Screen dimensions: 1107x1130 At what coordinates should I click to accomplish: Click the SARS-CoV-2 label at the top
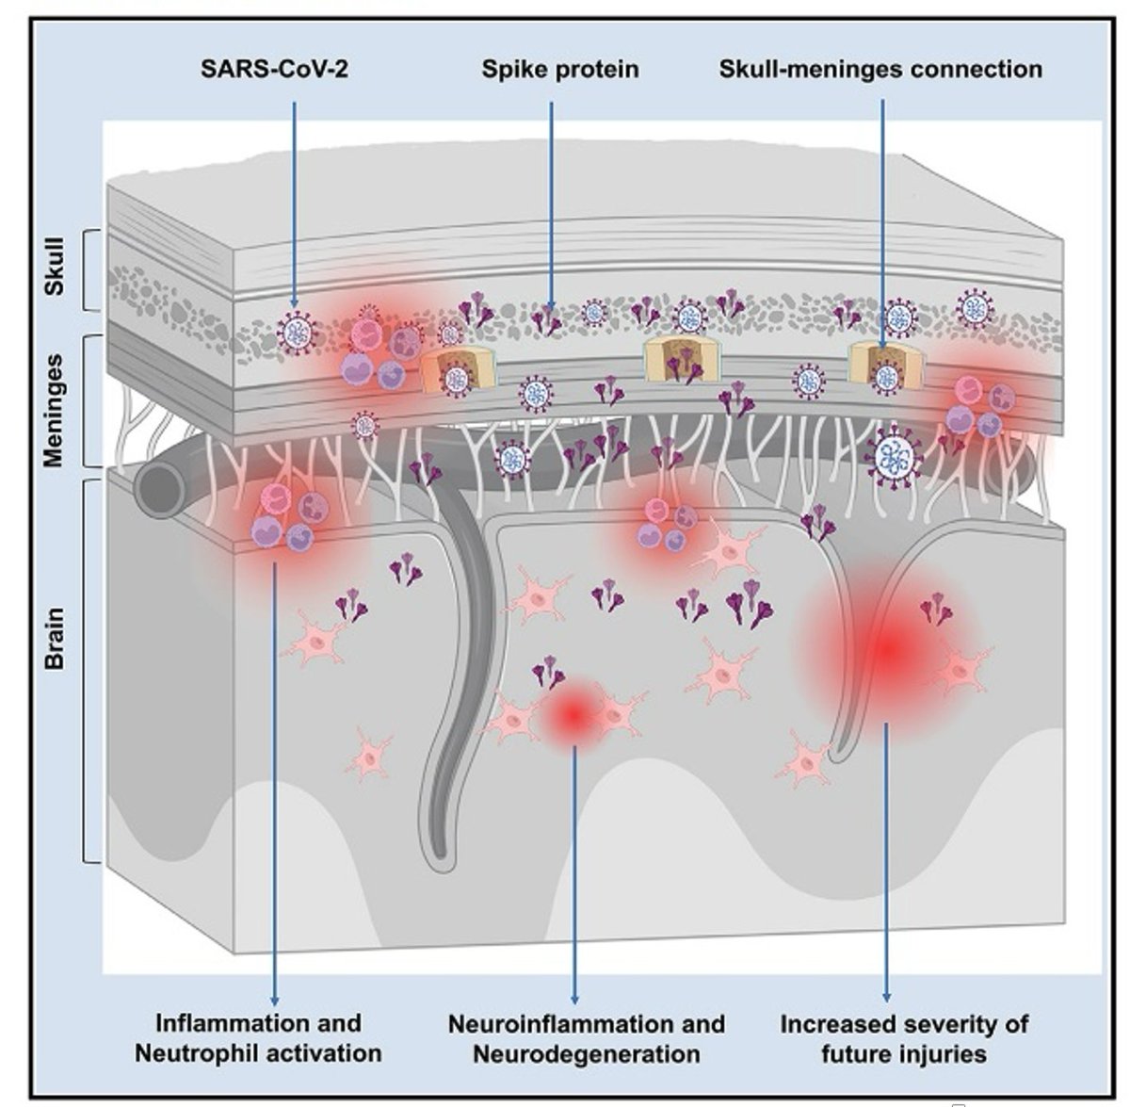(274, 69)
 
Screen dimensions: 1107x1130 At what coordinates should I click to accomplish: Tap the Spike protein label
(559, 69)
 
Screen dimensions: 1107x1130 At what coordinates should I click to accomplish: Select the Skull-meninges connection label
(880, 69)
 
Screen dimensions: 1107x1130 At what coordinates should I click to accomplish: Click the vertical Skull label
(56, 269)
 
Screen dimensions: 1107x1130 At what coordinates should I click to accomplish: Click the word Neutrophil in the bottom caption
(192, 1052)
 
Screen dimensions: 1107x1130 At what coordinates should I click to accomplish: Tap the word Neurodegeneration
(586, 1053)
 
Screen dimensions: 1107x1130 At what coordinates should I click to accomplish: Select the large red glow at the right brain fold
(885, 648)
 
